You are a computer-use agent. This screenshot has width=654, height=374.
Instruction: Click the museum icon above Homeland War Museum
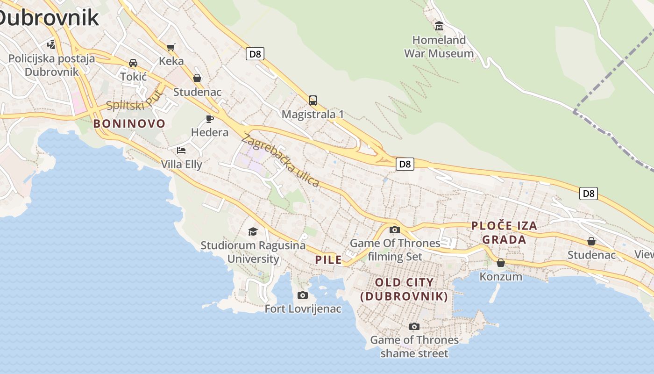click(x=439, y=26)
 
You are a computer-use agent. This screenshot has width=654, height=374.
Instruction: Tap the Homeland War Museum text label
click(x=439, y=47)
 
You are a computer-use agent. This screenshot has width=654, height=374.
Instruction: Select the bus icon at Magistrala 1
click(x=313, y=100)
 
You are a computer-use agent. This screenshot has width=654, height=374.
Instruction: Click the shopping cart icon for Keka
click(x=171, y=47)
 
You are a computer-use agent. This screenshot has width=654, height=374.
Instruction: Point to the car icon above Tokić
click(x=133, y=63)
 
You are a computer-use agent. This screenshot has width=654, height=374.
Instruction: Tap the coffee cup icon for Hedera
click(x=210, y=119)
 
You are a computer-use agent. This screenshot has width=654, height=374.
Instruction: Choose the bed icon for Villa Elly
click(x=181, y=150)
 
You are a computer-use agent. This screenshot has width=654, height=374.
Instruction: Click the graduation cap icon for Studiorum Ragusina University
click(x=253, y=231)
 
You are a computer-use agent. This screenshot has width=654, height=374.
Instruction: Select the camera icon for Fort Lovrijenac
click(x=303, y=295)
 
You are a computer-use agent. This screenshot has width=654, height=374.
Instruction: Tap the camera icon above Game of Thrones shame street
click(x=414, y=326)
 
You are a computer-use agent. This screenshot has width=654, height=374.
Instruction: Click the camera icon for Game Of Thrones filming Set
click(x=395, y=230)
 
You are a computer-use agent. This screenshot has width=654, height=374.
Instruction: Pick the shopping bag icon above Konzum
click(x=501, y=263)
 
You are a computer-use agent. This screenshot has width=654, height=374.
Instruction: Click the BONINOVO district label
click(x=129, y=124)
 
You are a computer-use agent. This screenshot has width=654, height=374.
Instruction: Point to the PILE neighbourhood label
click(x=328, y=260)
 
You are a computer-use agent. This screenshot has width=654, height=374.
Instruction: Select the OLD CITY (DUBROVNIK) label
click(x=404, y=289)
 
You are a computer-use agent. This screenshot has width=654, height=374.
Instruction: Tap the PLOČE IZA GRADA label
click(x=504, y=233)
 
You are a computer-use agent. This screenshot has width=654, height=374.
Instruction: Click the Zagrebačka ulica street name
click(x=281, y=160)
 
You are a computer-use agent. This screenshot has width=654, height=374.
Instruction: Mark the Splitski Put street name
click(x=135, y=101)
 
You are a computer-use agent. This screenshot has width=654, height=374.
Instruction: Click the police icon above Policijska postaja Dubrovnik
click(x=51, y=45)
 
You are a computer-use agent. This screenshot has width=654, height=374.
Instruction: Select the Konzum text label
click(x=501, y=276)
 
